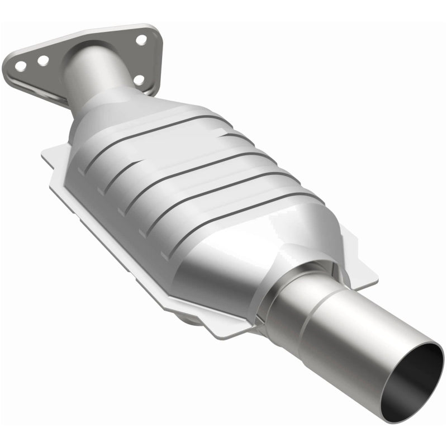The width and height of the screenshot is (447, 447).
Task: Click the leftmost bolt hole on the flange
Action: point(20,66)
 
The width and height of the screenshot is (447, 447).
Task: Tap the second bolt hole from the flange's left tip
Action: point(43,60)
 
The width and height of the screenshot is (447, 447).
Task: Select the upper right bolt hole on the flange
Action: point(141,40)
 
